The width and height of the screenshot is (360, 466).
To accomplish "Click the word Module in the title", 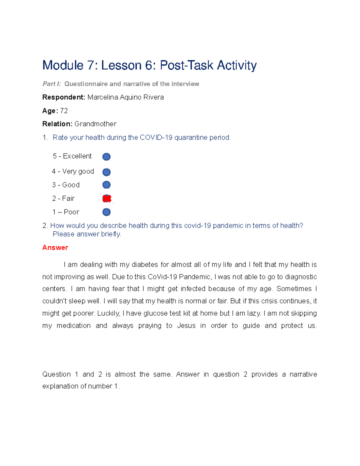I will (x=63, y=65).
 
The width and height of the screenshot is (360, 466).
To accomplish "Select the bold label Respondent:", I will (x=64, y=97).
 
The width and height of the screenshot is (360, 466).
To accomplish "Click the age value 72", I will (x=64, y=111).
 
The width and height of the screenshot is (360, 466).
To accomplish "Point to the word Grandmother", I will (x=95, y=124).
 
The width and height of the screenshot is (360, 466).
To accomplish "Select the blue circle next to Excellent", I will (x=106, y=157).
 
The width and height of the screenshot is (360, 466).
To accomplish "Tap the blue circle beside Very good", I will (x=106, y=172).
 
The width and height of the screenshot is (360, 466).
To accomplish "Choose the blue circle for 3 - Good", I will (x=106, y=185).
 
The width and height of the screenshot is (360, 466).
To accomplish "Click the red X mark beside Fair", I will (x=107, y=198).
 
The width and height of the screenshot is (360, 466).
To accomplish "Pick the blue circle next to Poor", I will (x=106, y=212).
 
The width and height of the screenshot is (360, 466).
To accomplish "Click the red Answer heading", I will (x=55, y=248).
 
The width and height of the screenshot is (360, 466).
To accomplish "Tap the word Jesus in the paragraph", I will (x=186, y=326).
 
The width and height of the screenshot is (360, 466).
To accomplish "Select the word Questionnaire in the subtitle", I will (x=86, y=84).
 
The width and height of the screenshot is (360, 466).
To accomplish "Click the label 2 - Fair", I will (x=63, y=198).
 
